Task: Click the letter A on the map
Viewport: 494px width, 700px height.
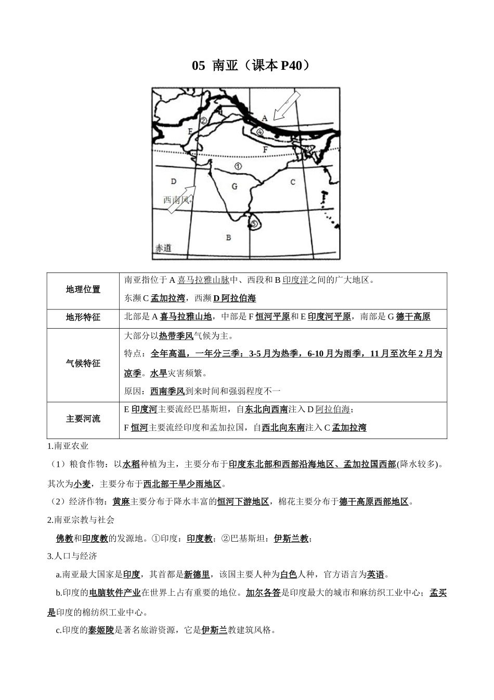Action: coord(264,118)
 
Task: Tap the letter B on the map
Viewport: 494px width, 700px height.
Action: coord(228,238)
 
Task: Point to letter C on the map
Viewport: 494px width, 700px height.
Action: coord(293,182)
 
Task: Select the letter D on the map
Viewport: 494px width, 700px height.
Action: coord(174,181)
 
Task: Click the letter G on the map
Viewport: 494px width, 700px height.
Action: coord(235,186)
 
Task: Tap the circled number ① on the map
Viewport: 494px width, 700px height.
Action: coord(238,167)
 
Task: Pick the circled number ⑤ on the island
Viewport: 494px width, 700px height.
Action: coord(254,223)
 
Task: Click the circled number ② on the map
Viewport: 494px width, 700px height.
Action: coord(204,120)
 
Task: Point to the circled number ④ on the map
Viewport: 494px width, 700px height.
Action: coord(260,132)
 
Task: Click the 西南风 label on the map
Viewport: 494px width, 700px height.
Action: coord(177,199)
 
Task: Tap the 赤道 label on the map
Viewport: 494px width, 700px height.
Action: coord(163,248)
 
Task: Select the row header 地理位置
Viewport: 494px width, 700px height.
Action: coord(83,290)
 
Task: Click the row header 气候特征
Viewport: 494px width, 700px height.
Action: coord(83,364)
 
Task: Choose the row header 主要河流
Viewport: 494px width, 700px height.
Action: coord(83,419)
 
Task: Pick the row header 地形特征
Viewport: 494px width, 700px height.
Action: coord(83,317)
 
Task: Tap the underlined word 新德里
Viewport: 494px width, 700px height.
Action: coord(197,574)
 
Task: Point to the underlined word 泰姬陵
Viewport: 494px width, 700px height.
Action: coord(101,630)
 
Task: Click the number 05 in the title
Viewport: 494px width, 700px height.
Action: coord(199,66)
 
